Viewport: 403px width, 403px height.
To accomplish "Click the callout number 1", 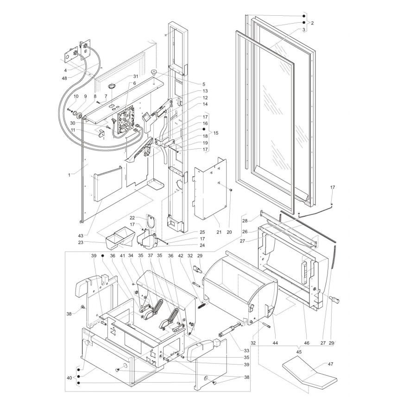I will (69, 175).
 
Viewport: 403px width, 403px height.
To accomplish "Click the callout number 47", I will (330, 365).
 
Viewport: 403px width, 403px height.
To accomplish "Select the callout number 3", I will (303, 30).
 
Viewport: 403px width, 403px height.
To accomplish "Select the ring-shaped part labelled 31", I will (112, 87).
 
